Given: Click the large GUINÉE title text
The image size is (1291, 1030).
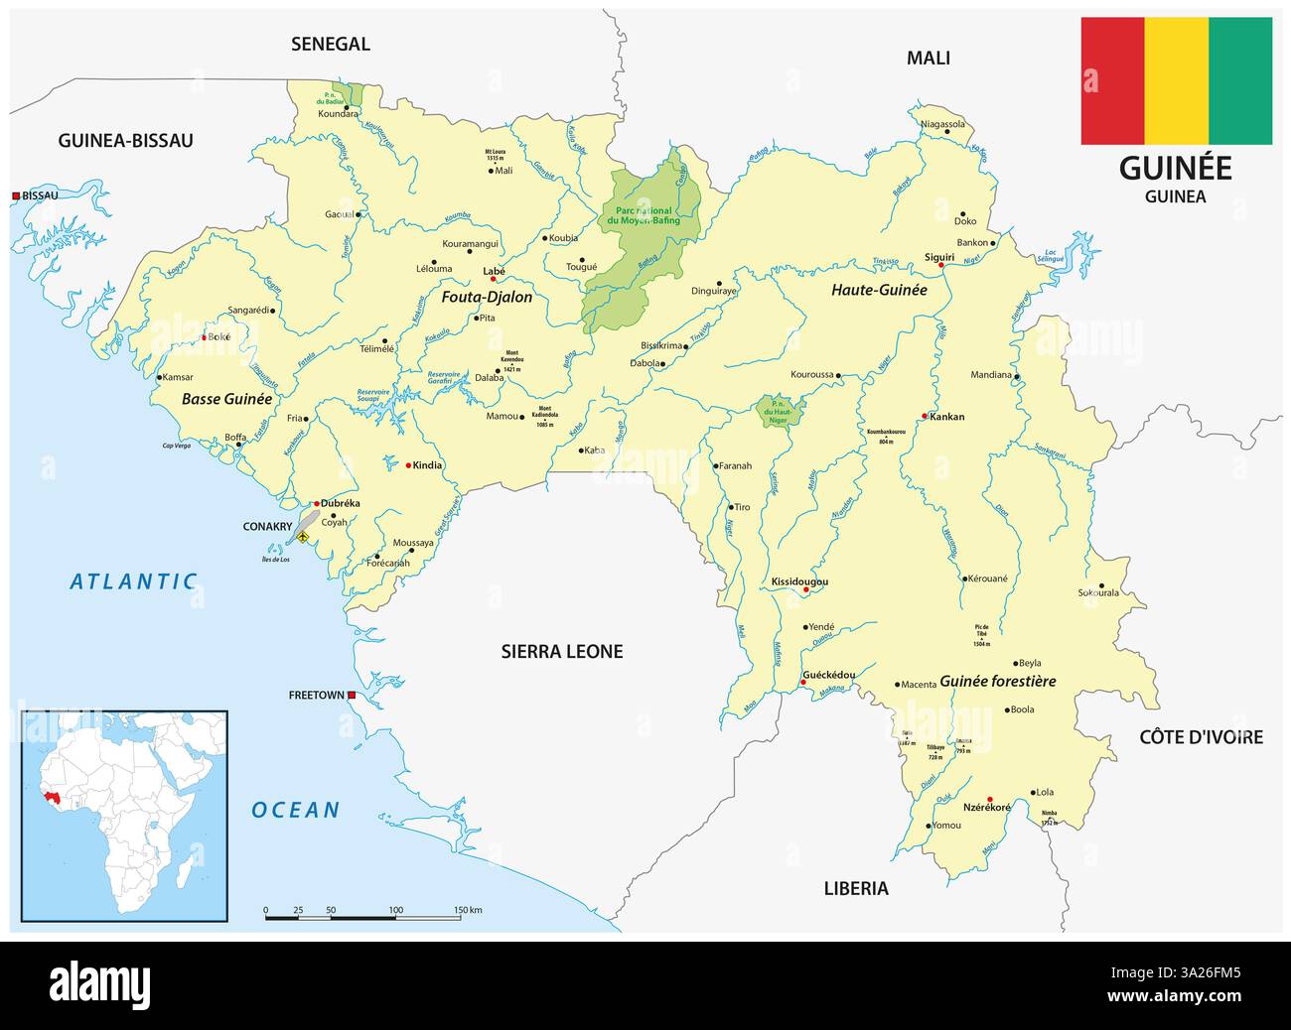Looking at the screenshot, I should pyautogui.click(x=1175, y=168).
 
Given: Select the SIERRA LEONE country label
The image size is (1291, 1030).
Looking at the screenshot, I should pyautogui.click(x=561, y=652).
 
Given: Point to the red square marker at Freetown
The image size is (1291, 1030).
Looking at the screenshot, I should pyautogui.click(x=352, y=696).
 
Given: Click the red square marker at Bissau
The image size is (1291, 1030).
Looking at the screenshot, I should pyautogui.click(x=16, y=195).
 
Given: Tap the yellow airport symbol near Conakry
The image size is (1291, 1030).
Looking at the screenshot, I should pyautogui.click(x=303, y=538).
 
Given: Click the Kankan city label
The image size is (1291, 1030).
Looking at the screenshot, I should pyautogui.click(x=947, y=417).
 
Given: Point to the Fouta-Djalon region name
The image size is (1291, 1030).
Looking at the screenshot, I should pyautogui.click(x=487, y=297).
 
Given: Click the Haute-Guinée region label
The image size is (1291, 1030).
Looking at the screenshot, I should pyautogui.click(x=879, y=290).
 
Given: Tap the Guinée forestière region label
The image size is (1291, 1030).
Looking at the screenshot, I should pyautogui.click(x=997, y=682).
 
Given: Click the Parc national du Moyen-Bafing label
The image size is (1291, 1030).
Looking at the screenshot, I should pyautogui.click(x=642, y=216).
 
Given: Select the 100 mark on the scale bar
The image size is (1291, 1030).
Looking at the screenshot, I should pyautogui.click(x=395, y=909).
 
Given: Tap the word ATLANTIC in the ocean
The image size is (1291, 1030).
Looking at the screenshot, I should pyautogui.click(x=133, y=582).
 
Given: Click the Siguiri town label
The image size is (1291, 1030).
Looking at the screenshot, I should pyautogui.click(x=938, y=256).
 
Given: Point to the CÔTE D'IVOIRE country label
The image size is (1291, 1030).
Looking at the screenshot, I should pyautogui.click(x=1201, y=736).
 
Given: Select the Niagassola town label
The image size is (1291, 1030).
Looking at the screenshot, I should pyautogui.click(x=942, y=125).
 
